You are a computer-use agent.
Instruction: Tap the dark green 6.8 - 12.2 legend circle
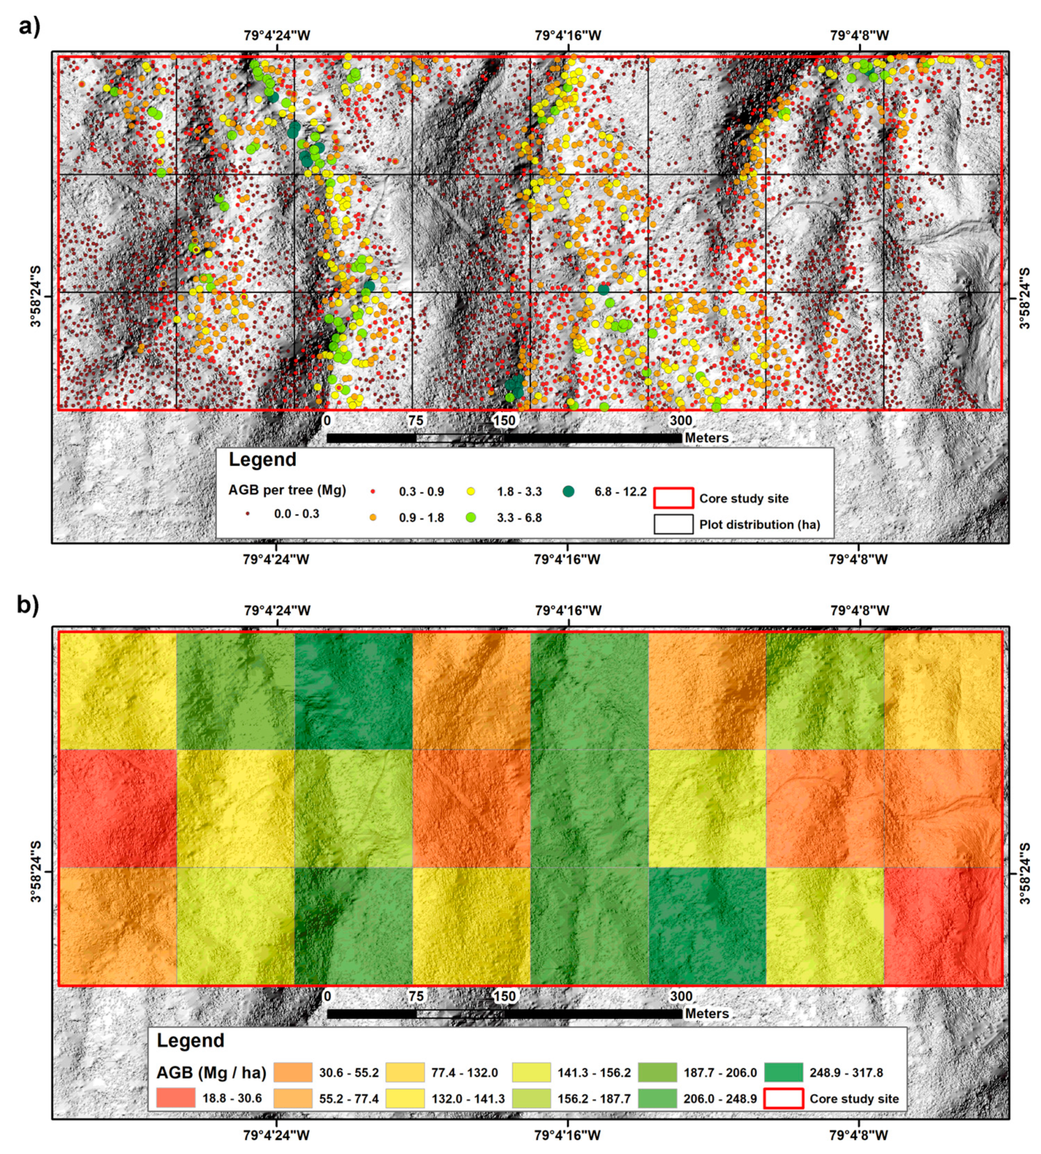568,491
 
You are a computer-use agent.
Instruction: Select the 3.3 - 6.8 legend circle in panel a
471,517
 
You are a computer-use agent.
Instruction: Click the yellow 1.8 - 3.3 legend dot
471,491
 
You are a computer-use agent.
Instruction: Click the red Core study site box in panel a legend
673,498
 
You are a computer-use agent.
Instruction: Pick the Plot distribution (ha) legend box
673,525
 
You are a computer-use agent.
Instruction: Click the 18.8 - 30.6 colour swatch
176,1098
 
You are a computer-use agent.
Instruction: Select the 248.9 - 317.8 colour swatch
783,1072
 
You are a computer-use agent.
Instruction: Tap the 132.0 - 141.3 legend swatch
405,1098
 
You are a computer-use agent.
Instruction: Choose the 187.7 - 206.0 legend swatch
657,1072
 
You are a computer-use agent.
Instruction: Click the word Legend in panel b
191,1040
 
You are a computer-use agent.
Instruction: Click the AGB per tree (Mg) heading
287,490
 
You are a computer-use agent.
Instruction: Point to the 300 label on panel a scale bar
680,420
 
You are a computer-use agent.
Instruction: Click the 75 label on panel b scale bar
416,996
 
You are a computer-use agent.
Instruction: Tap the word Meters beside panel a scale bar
707,437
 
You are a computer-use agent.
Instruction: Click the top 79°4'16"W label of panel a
568,35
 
